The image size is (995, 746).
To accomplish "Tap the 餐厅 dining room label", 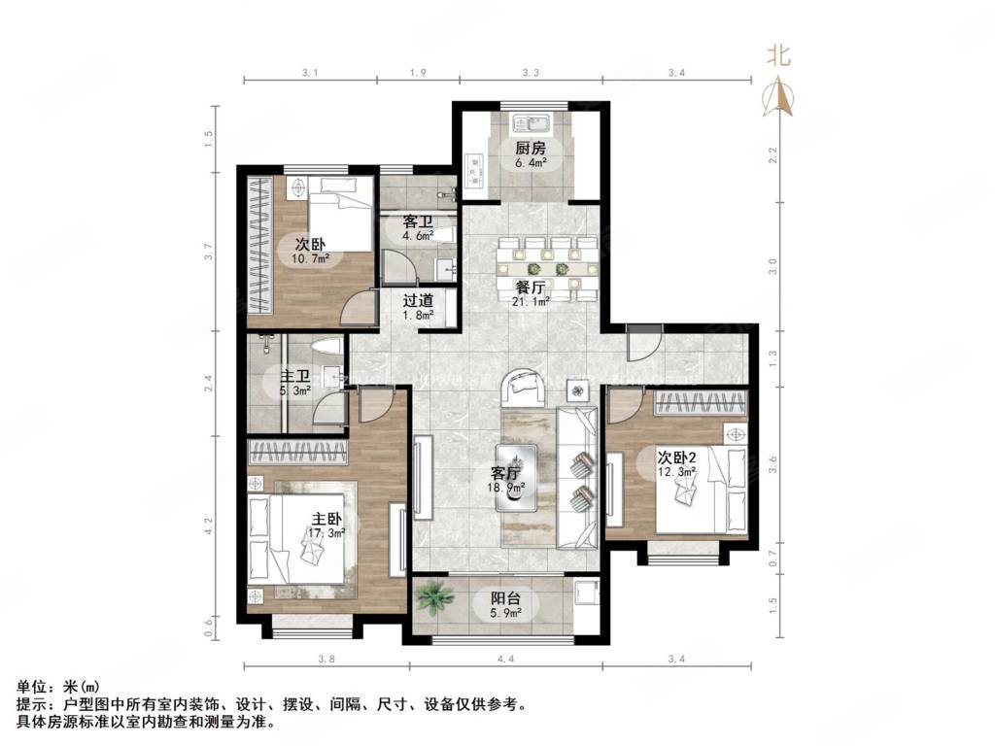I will pyautogui.click(x=531, y=288).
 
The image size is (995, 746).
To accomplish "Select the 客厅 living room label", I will pyautogui.click(x=504, y=474).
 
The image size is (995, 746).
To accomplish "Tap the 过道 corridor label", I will pyautogui.click(x=418, y=300).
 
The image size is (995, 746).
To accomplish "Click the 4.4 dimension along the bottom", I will pyautogui.click(x=504, y=660).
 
